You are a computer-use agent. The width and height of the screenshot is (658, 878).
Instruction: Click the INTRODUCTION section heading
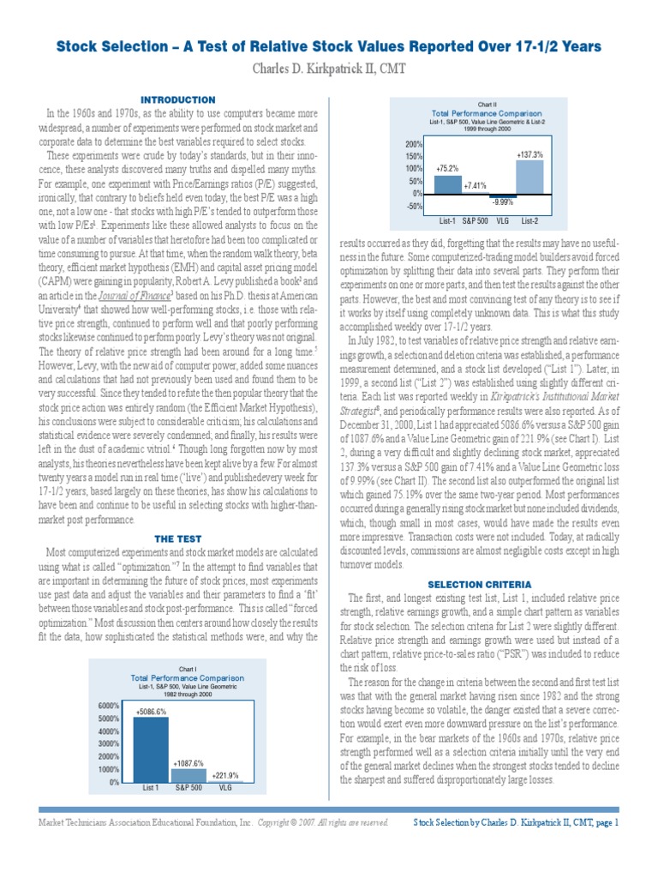pos(179,99)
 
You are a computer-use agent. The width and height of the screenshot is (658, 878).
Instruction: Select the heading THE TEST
pos(179,538)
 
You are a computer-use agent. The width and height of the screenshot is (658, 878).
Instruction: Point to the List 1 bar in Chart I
pos(151,750)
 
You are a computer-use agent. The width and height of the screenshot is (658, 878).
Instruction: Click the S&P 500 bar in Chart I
pos(188,775)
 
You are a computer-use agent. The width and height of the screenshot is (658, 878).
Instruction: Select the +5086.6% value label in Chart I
pos(151,711)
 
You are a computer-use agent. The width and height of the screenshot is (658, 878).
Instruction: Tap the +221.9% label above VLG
pos(225,775)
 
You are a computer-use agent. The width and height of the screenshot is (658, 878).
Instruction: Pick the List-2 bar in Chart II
pos(530,177)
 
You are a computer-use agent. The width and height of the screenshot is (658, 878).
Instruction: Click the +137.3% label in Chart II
pos(530,154)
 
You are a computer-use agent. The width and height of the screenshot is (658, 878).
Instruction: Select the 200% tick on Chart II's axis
pos(415,144)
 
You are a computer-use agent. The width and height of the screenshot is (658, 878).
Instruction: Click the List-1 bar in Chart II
pos(448,183)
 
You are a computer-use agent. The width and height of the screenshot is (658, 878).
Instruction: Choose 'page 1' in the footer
pos(604,822)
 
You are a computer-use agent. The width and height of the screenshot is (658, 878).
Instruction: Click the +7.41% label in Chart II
pos(475,185)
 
